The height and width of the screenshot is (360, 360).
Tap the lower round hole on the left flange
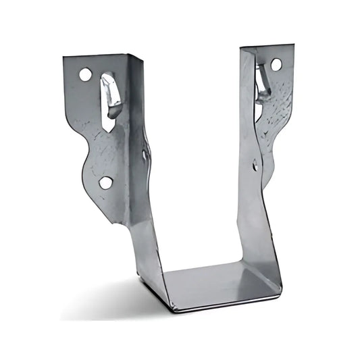[106, 182]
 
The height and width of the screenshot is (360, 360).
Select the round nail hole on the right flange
[276, 65]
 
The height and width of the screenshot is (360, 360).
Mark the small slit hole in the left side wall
[145, 155]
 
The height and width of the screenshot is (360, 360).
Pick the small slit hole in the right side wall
[255, 164]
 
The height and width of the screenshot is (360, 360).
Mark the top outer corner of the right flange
[293, 46]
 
